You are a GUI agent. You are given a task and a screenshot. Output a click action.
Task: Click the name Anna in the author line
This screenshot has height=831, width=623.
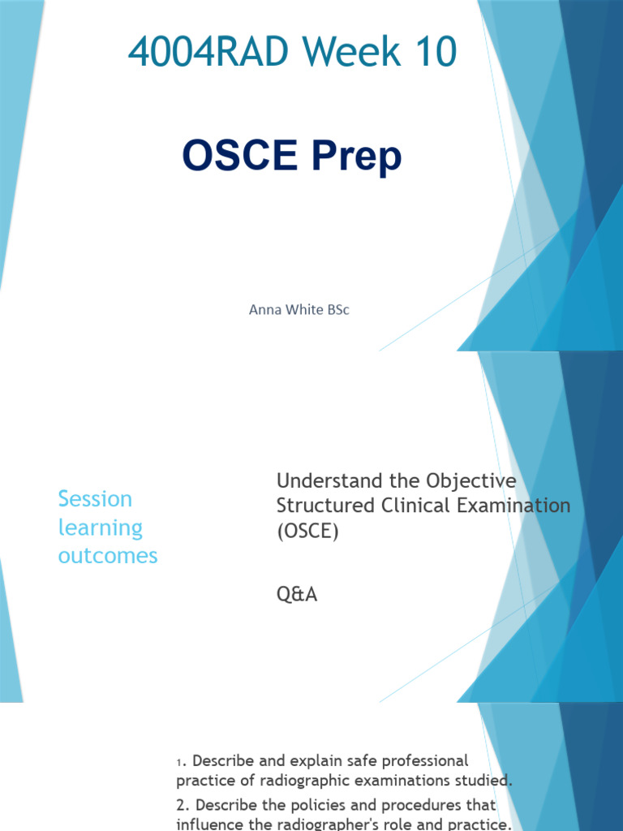264,310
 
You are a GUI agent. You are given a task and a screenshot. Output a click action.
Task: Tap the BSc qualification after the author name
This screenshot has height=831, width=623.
336,310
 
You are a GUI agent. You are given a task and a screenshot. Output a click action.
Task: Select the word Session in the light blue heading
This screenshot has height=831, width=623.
95,498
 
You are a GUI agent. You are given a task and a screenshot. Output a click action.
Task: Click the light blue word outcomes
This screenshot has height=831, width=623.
108,556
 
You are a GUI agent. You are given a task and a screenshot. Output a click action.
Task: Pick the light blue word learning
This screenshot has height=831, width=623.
100,527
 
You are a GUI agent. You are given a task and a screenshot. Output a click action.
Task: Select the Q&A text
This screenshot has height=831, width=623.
297,595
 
